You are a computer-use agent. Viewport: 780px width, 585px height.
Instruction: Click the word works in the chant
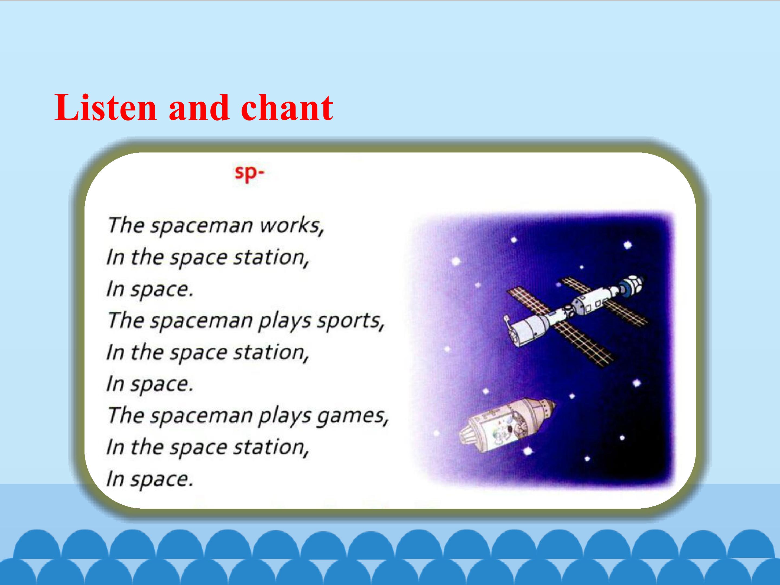tap(291, 225)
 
